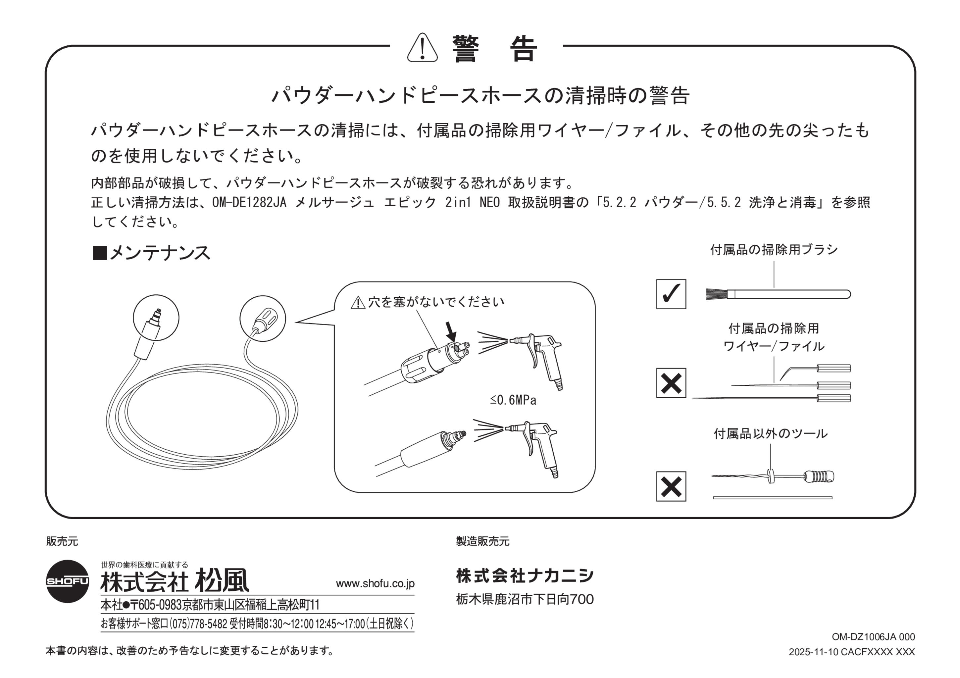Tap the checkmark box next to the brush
(671, 294)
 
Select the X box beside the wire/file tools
(671, 383)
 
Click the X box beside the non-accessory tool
(671, 487)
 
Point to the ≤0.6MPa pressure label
(514, 400)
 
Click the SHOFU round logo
(68, 579)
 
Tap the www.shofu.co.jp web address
(375, 583)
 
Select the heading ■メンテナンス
(151, 253)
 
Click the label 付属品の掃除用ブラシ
(773, 250)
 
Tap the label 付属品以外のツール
(770, 434)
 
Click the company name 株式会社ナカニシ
(525, 576)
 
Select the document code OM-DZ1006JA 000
(872, 637)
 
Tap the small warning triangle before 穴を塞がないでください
(357, 302)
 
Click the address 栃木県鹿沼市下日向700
(525, 600)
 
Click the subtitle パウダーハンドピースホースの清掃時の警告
(480, 96)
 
